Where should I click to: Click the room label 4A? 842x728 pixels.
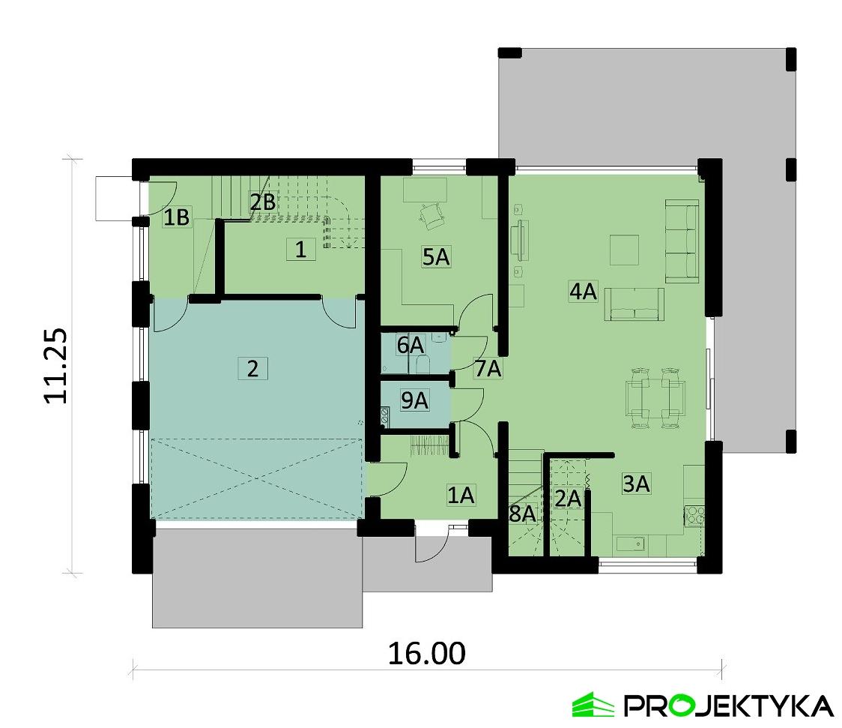(x=583, y=292)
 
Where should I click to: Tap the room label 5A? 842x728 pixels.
(x=435, y=257)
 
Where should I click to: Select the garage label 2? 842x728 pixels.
(x=252, y=369)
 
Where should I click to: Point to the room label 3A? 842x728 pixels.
(x=636, y=484)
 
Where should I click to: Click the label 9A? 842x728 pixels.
(x=414, y=400)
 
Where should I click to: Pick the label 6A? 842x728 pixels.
(x=411, y=345)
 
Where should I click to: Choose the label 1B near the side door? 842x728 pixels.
(x=177, y=217)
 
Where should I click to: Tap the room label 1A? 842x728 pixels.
(x=461, y=496)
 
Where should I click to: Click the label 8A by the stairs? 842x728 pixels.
(x=522, y=514)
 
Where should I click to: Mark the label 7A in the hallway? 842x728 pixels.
(x=488, y=369)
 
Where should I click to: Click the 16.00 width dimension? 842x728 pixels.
(x=427, y=653)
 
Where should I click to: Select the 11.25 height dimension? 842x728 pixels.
(x=56, y=366)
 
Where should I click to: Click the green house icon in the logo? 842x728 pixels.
(x=593, y=704)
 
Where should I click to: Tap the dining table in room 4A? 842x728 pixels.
(x=655, y=398)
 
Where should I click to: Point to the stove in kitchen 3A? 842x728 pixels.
(x=694, y=515)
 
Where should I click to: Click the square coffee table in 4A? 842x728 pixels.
(x=624, y=250)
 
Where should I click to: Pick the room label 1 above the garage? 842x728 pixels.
(x=300, y=250)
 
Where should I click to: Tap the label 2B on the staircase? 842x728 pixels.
(x=263, y=202)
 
